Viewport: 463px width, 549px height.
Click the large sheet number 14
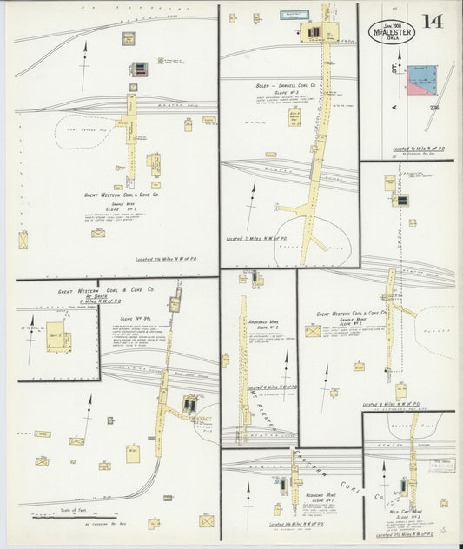click(432, 21)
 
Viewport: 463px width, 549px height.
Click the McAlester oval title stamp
click(391, 31)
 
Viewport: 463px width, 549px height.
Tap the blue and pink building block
click(421, 79)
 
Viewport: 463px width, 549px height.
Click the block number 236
click(433, 107)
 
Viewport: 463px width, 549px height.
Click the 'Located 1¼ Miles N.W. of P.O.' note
click(174, 259)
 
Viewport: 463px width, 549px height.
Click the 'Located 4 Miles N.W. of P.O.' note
click(272, 387)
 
